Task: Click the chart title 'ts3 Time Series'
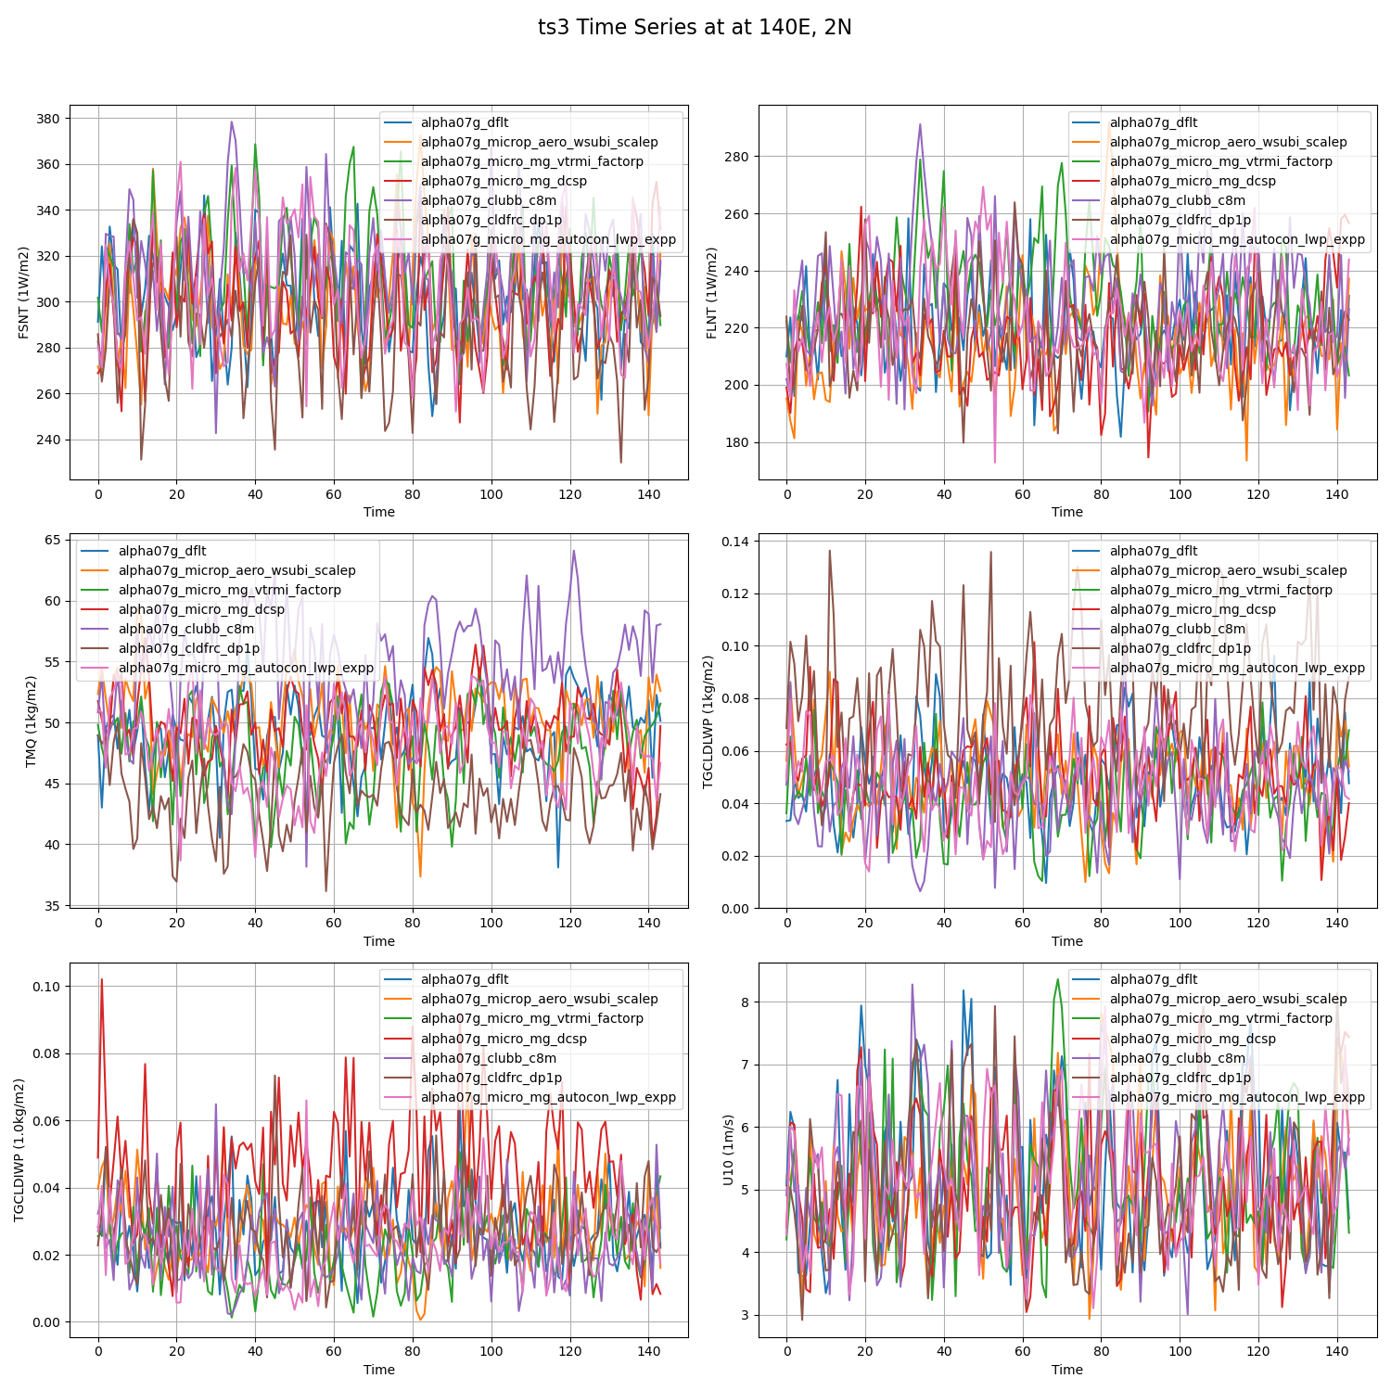click(695, 28)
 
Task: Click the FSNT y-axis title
click(24, 292)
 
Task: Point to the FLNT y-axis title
click(712, 292)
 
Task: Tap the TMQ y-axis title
click(31, 721)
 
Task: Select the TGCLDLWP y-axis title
click(708, 721)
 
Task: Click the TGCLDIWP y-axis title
click(19, 1150)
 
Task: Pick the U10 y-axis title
click(728, 1150)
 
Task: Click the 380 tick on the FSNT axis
click(48, 119)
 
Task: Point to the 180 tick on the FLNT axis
click(736, 442)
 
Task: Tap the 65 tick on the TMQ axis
click(52, 540)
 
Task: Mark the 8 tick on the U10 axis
click(745, 1002)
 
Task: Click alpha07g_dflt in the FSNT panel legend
click(465, 122)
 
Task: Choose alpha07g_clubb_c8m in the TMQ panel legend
click(185, 629)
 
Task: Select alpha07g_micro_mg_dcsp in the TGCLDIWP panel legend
click(504, 1039)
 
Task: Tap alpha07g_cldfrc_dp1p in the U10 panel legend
click(1180, 1078)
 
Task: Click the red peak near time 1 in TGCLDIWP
click(102, 979)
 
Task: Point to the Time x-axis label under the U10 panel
click(1066, 1370)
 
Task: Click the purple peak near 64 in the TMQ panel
click(574, 551)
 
